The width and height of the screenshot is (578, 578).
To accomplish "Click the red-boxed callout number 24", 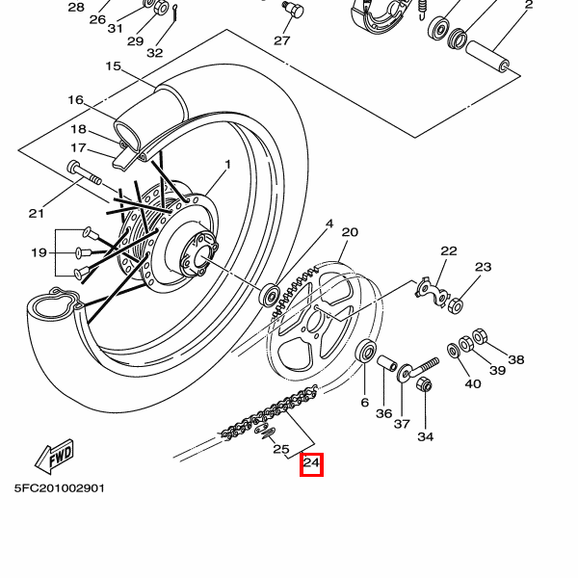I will (x=311, y=464).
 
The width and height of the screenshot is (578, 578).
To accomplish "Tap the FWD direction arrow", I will (x=54, y=454).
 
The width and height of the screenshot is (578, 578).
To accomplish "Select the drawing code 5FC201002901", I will (x=59, y=488).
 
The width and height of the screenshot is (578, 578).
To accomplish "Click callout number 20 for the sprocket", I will (x=350, y=232).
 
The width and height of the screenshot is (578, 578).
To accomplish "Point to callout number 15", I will (x=113, y=66).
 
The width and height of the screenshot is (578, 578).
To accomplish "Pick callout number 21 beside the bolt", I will (x=37, y=213).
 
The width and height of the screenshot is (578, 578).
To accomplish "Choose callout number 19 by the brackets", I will (x=39, y=252).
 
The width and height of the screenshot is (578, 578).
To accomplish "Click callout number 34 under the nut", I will (x=425, y=436).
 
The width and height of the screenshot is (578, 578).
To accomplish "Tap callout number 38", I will (x=516, y=359).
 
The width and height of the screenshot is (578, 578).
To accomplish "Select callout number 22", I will (x=449, y=250).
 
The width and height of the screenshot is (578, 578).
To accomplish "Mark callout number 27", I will (x=281, y=40).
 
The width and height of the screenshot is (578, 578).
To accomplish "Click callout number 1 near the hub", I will (x=228, y=165).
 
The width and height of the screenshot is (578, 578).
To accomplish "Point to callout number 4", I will (x=328, y=223).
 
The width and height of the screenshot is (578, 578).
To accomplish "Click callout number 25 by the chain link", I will (x=280, y=449).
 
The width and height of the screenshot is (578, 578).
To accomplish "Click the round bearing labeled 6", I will (x=366, y=352).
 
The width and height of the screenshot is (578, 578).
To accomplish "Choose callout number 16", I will (x=76, y=100).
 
